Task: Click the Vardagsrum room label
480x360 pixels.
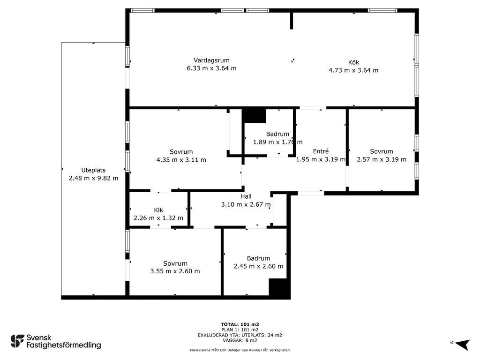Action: tap(211, 60)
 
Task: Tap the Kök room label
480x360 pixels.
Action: tap(353, 62)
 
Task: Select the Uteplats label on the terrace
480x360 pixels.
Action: tap(93, 170)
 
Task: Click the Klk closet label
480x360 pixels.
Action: tap(158, 210)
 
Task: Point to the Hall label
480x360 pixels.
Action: tap(246, 196)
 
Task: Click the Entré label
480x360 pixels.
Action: tap(321, 151)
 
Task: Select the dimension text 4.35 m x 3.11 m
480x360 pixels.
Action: tap(181, 160)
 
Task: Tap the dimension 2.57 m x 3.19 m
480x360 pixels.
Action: tap(382, 159)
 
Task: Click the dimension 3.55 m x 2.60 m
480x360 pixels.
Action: tap(175, 271)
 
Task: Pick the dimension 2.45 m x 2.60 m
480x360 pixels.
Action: tap(258, 266)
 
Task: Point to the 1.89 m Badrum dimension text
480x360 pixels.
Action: tap(277, 142)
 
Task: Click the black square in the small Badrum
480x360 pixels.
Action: tap(254, 116)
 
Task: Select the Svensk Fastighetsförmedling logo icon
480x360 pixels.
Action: tap(17, 341)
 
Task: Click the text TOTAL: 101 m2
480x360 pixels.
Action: tap(240, 324)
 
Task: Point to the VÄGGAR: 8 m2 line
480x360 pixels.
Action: tap(240, 340)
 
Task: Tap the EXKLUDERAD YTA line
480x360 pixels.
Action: tap(240, 335)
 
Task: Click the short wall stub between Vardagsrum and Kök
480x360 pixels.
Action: tap(292, 21)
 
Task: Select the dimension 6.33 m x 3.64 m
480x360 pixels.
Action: tap(211, 68)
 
